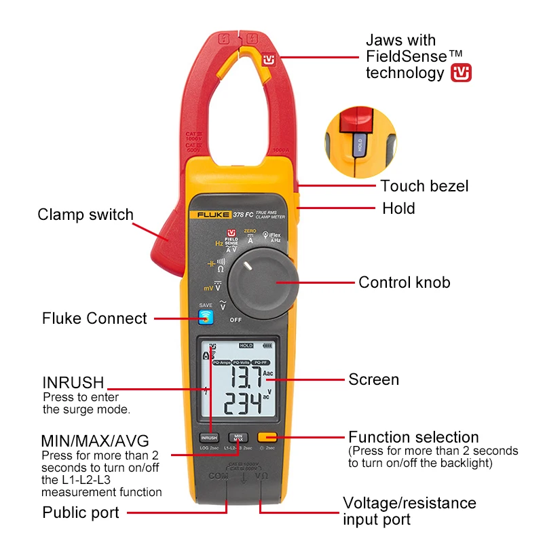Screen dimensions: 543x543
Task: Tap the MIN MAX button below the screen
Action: [x=238, y=438]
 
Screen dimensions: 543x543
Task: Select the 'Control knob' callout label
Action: [x=404, y=282]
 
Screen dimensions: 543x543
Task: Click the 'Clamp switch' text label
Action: [x=86, y=215]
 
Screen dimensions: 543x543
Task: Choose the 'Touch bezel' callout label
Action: [x=424, y=186]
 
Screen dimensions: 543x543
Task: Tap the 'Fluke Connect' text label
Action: [x=94, y=318]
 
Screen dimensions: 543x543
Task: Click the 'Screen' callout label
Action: [x=373, y=379]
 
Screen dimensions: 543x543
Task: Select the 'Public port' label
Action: [x=81, y=512]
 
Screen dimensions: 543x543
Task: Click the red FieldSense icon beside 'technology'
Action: [x=462, y=73]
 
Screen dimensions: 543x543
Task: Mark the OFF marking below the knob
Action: [x=236, y=320]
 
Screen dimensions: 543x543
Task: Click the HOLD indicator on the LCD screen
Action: [x=246, y=345]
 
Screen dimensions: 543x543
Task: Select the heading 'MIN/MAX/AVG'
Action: [x=95, y=441]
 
